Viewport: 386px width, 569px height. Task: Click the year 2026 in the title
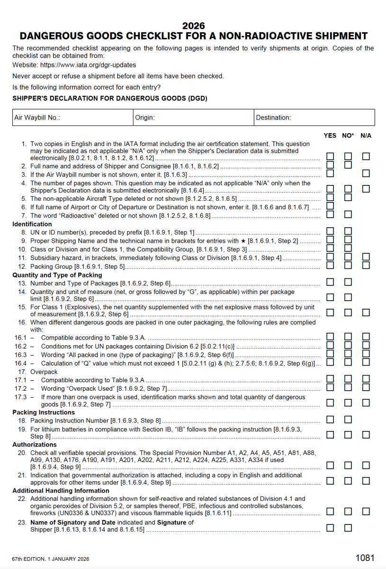click(x=193, y=26)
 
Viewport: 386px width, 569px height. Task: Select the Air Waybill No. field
click(x=72, y=118)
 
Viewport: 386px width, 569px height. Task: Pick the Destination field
click(x=314, y=118)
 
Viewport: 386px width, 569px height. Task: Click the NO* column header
click(x=348, y=136)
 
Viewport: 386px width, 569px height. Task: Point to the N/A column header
click(x=366, y=136)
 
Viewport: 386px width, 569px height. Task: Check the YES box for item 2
click(x=330, y=165)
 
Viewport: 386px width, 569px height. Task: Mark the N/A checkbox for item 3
click(x=366, y=174)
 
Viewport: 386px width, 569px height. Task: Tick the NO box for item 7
click(x=348, y=214)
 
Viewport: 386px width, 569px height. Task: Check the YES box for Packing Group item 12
click(x=330, y=265)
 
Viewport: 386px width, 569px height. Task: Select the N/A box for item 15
click(x=366, y=312)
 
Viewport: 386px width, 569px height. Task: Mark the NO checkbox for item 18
click(x=348, y=420)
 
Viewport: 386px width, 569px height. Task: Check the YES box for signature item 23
click(x=330, y=528)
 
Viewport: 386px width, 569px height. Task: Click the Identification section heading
click(x=32, y=224)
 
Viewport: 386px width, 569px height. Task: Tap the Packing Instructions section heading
click(x=44, y=413)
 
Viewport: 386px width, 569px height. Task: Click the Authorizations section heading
click(x=35, y=445)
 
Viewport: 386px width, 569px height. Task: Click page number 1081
click(x=365, y=558)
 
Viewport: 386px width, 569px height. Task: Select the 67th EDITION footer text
click(x=51, y=559)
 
